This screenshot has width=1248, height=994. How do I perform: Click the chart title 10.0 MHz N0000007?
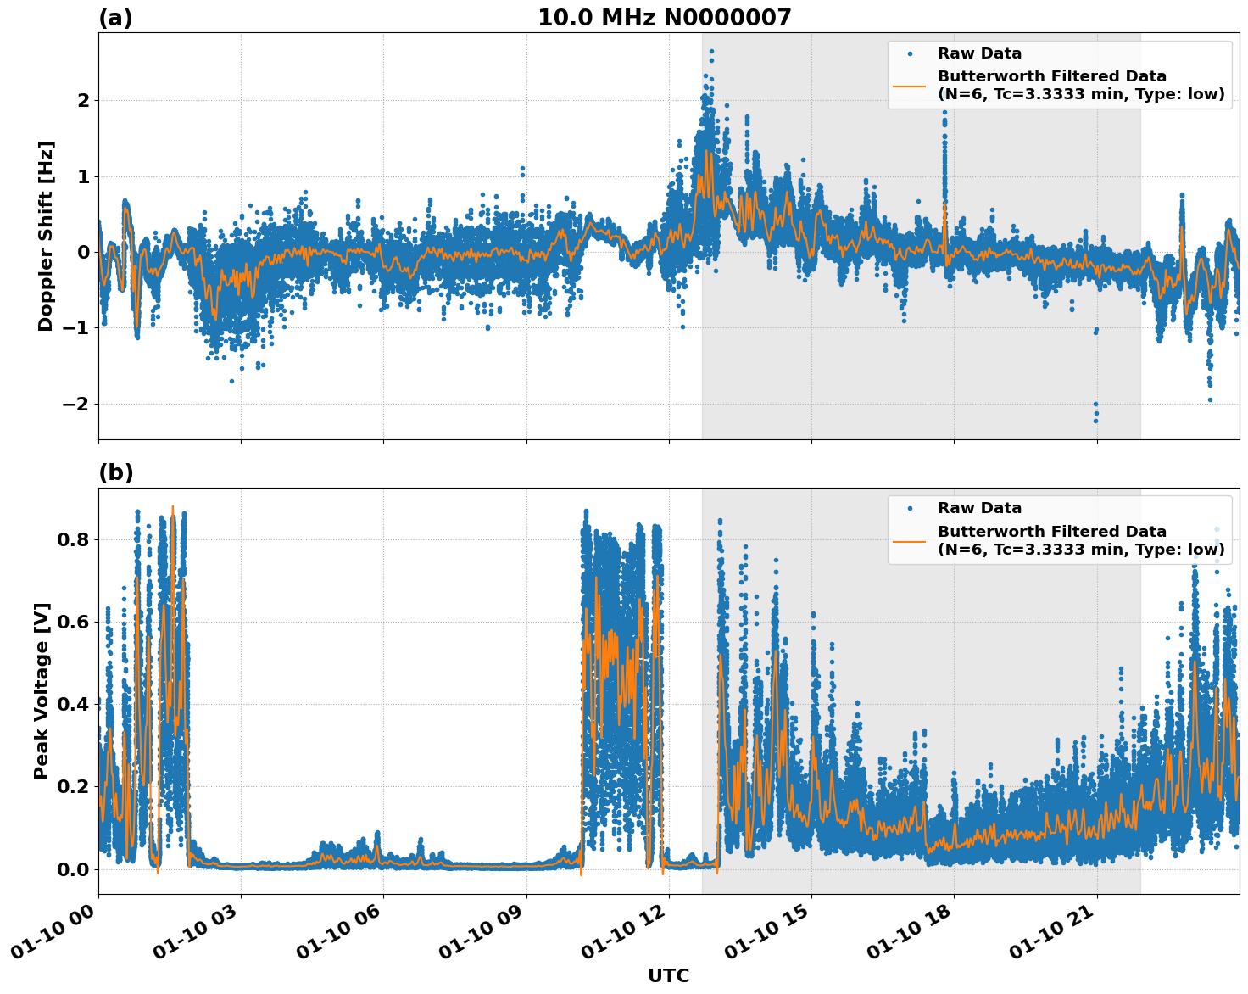(x=664, y=18)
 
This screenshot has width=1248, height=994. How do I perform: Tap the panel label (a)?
(x=115, y=18)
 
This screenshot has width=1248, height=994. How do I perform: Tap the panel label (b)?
(x=115, y=472)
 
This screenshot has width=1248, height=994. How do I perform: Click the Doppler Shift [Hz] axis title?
(x=46, y=236)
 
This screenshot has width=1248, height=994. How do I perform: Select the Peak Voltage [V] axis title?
(x=42, y=690)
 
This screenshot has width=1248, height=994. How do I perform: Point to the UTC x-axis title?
(x=668, y=975)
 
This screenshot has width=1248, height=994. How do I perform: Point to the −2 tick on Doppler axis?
(x=75, y=404)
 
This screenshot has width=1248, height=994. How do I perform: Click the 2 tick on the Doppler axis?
(x=83, y=100)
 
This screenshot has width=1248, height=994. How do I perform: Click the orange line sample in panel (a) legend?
(x=910, y=85)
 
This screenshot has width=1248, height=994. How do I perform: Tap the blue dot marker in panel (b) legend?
(x=910, y=508)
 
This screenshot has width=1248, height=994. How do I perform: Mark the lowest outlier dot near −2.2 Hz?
(x=1095, y=421)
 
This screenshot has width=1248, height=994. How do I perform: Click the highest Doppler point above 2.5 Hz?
(x=711, y=51)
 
